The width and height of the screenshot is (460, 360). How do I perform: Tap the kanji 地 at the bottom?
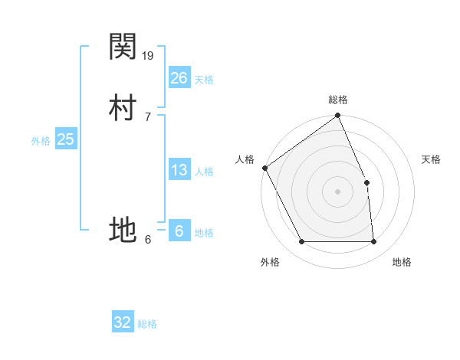123,229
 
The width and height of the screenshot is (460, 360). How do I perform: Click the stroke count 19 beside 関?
149,55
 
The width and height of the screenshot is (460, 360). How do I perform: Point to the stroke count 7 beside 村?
147,116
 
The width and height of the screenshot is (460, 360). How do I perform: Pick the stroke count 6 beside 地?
148,239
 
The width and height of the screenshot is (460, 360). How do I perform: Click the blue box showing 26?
179,77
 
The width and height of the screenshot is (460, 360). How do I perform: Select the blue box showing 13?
179,170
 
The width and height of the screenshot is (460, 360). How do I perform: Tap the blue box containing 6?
179,231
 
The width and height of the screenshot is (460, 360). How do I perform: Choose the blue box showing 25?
66,139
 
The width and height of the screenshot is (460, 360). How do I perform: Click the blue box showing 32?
123,322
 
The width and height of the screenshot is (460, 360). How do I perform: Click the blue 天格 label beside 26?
204,80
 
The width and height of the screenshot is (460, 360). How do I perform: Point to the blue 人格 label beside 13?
204,172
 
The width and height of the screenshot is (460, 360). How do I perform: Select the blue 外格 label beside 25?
41,141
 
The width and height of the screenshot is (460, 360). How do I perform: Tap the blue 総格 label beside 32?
147,325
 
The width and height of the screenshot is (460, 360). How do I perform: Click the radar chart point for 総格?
337,116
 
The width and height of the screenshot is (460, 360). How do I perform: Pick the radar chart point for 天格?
366,182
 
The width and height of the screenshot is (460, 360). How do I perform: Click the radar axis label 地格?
402,263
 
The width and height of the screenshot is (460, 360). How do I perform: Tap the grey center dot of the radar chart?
337,191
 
